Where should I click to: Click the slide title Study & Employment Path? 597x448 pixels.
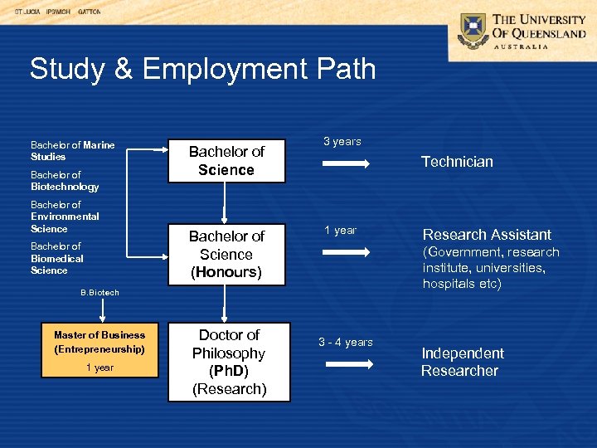pos(202,69)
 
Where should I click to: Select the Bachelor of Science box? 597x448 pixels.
pos(226,160)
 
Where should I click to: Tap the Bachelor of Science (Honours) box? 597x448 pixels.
pos(226,254)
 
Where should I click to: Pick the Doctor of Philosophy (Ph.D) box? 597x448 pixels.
pos(229,362)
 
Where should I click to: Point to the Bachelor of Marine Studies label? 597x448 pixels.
pos(72,150)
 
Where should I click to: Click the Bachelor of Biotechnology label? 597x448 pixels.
pos(64,181)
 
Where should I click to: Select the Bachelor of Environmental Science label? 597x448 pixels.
pos(64,217)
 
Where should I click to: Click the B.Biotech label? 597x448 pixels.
pos(99,292)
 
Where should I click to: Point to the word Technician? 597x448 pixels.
pos(457,162)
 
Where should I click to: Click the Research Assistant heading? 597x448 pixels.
pos(487,235)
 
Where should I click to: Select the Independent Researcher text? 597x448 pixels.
pos(462,362)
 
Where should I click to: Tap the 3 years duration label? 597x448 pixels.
pos(342,142)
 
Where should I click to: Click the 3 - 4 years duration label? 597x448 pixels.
pos(345,342)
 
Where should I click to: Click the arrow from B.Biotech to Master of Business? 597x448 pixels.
pos(102,309)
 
